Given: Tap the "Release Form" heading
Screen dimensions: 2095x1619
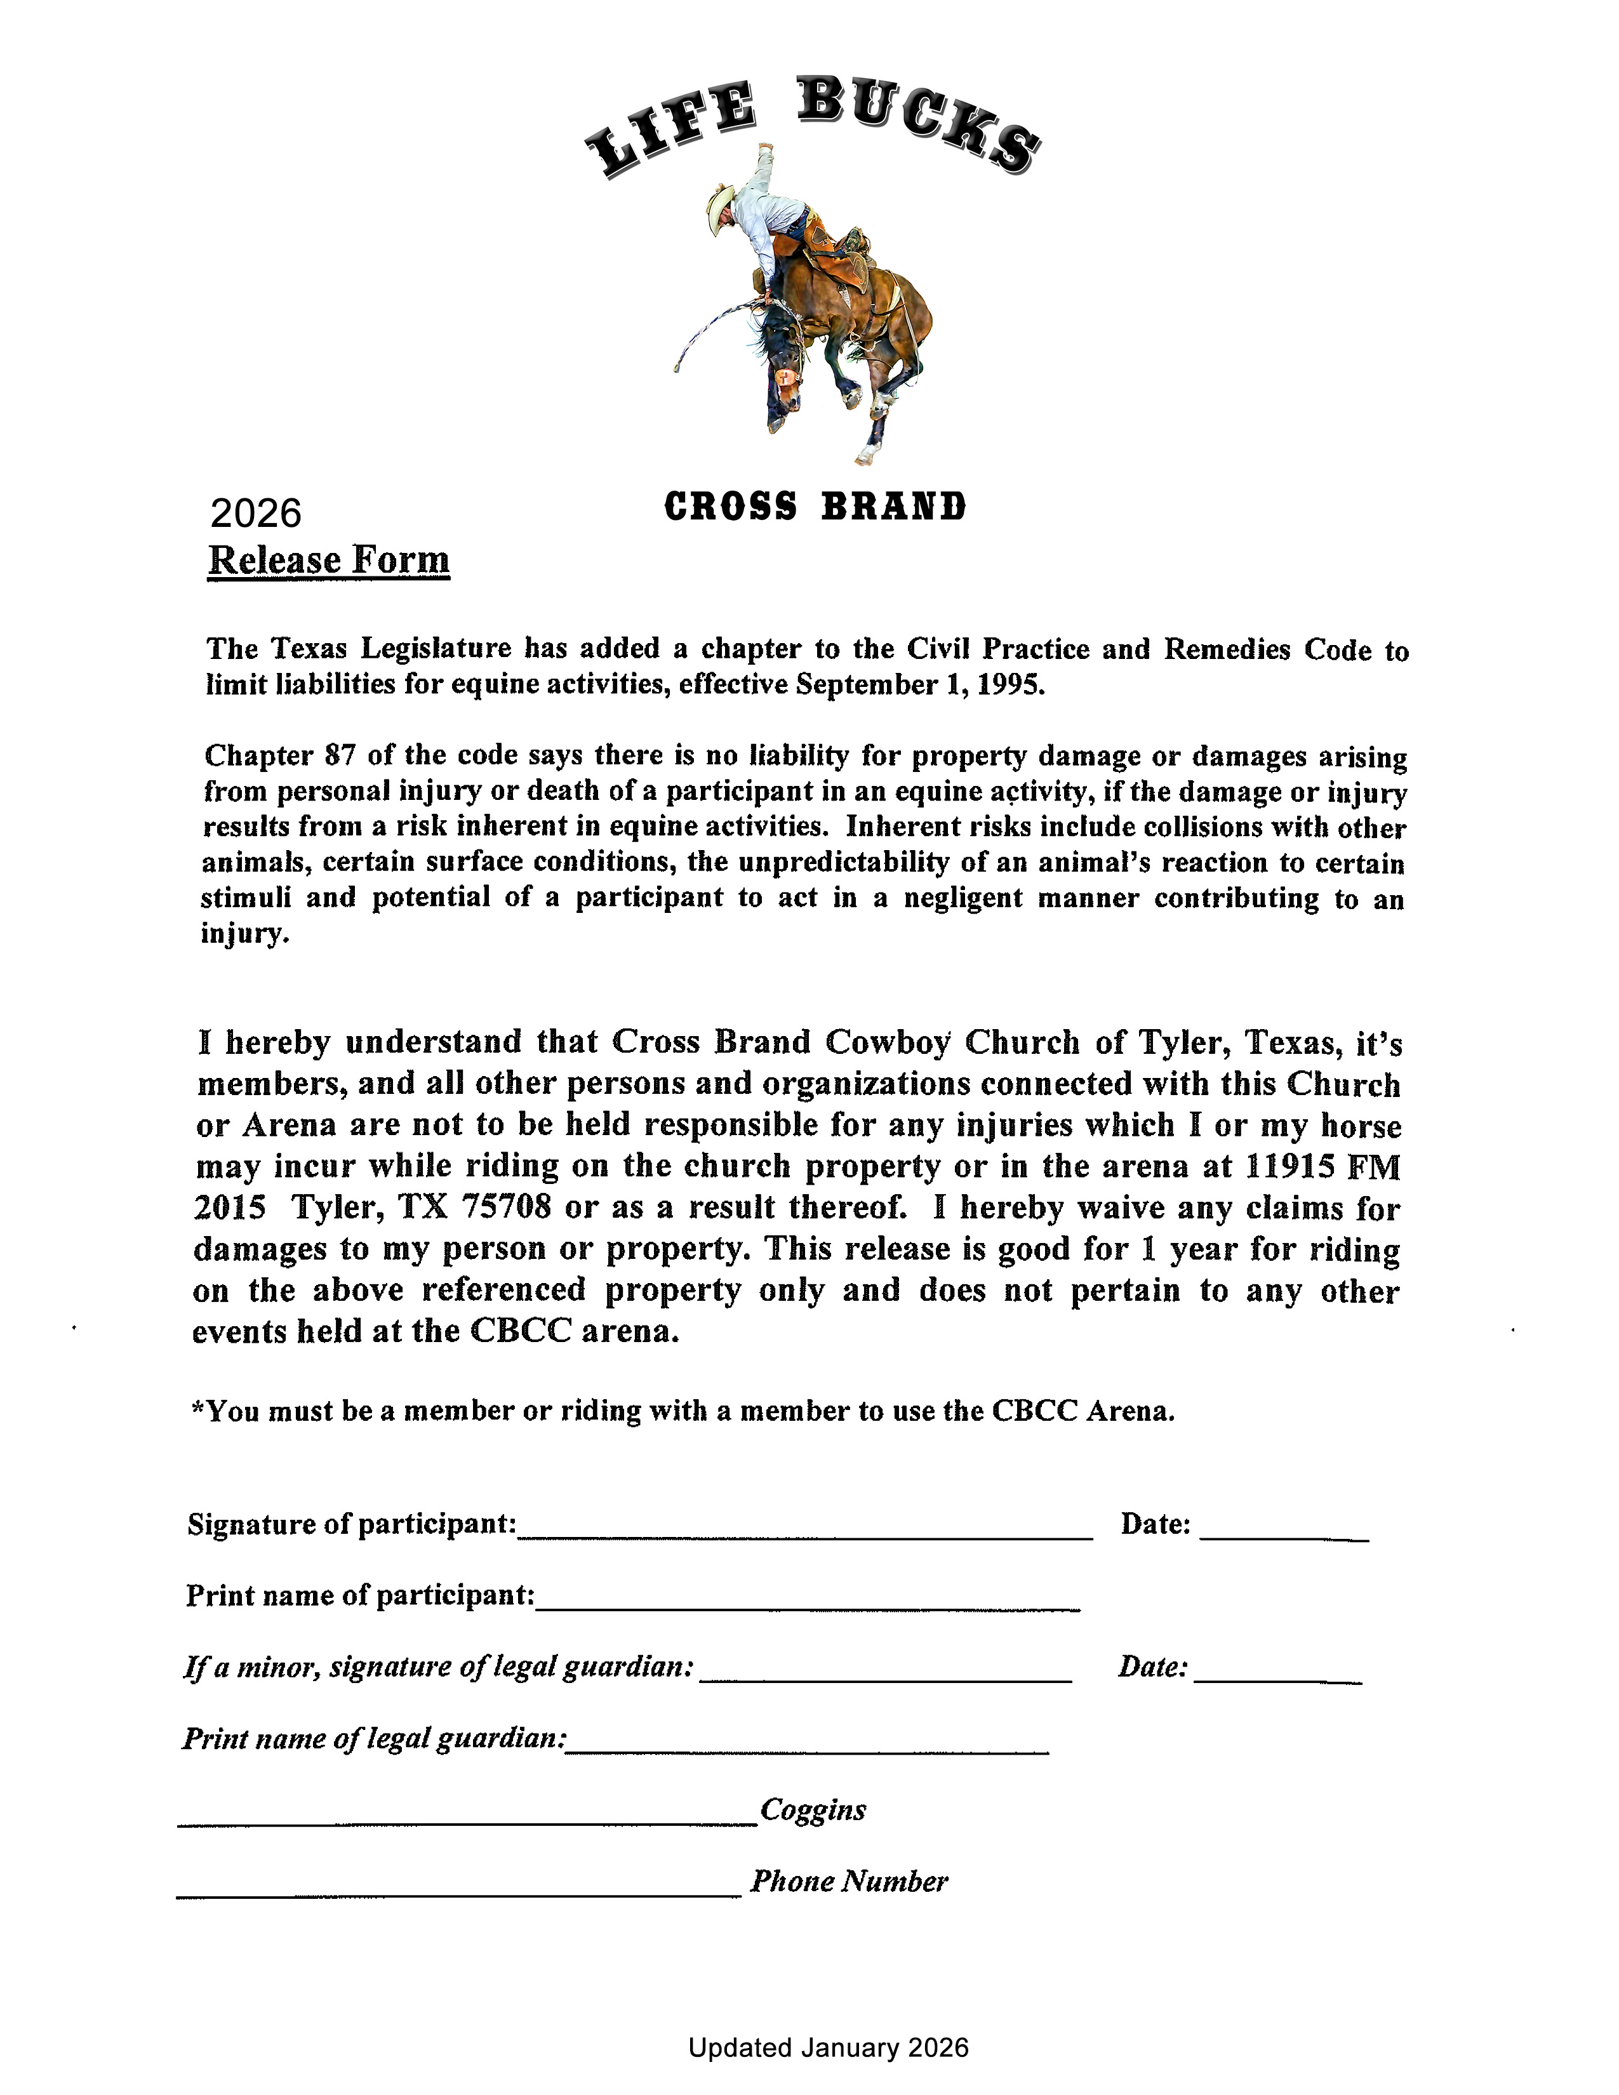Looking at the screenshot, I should tap(329, 560).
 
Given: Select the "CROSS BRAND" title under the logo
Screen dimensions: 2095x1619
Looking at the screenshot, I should tap(815, 507).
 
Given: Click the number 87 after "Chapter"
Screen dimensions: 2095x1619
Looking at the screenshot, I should tap(340, 756).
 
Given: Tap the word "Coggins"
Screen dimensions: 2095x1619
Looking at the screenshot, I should tap(813, 1810).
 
